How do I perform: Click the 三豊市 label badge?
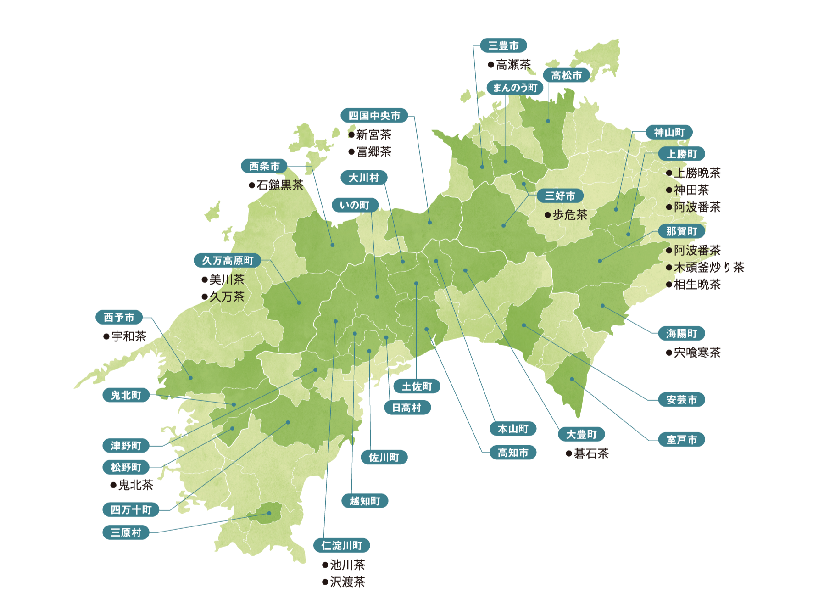503,45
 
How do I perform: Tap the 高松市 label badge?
566,75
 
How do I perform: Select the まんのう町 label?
515,88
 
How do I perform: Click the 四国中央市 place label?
374,116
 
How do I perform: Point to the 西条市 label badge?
264,166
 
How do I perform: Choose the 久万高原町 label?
228,261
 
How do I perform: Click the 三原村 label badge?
126,532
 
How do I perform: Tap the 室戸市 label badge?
681,440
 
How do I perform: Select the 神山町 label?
669,133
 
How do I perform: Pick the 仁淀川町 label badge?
342,545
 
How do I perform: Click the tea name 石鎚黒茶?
280,185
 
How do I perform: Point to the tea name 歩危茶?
570,215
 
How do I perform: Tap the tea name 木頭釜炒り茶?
709,267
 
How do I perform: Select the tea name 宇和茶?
128,336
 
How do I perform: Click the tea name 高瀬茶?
513,65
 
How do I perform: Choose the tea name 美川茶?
227,280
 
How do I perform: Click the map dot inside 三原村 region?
269,513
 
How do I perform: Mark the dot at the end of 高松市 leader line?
548,121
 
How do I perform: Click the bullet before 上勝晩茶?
669,173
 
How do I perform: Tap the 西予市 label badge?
119,317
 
